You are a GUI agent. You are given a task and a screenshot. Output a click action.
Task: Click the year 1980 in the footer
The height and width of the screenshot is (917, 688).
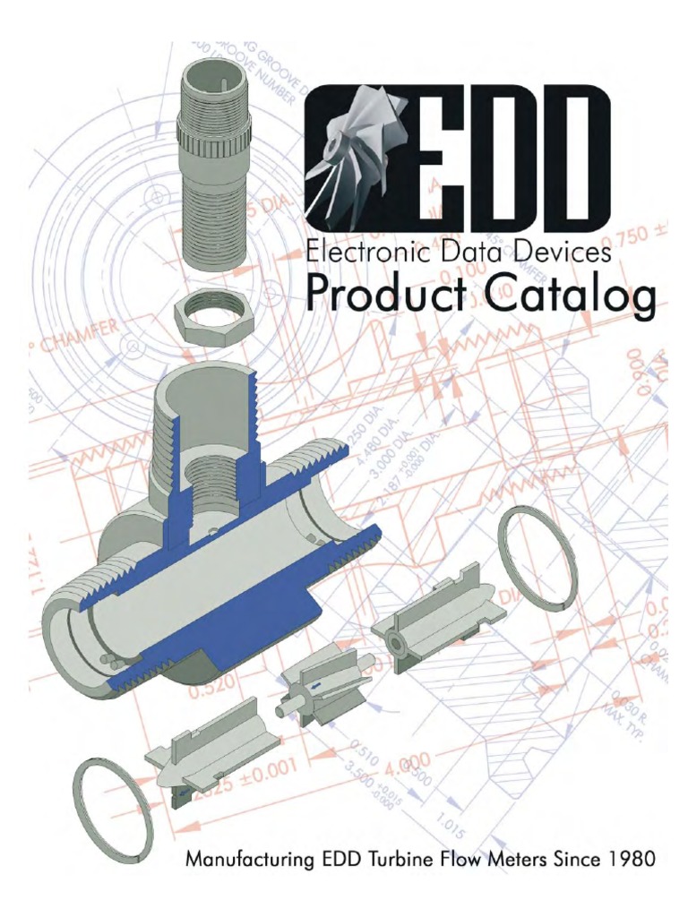click(627, 861)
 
